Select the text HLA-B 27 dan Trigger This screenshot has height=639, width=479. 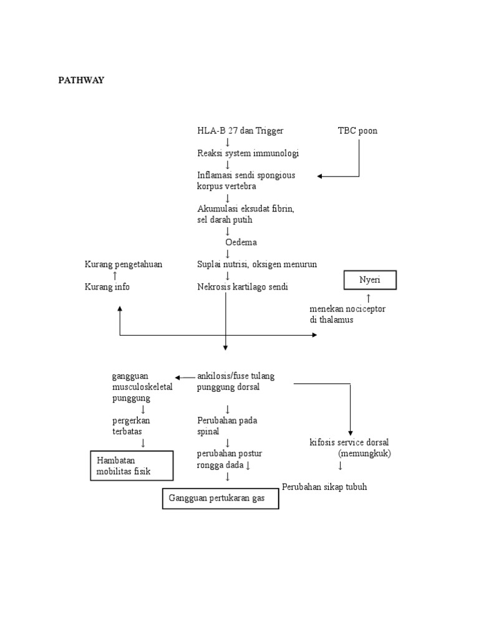[240, 130]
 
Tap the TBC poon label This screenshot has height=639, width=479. [357, 130]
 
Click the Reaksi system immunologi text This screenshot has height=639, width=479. [248, 153]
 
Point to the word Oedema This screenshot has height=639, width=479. [241, 242]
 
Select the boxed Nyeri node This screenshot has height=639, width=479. [370, 281]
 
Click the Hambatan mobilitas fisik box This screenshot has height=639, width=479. [132, 466]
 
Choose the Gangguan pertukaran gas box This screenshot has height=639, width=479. [221, 499]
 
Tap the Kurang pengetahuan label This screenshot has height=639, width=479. [123, 264]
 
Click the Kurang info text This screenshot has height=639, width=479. [107, 286]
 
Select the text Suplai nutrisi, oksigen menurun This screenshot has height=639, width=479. [257, 264]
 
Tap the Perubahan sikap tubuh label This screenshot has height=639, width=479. [324, 487]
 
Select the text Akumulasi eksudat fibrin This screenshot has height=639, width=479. [245, 209]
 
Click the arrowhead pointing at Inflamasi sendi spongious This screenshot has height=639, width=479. [320, 176]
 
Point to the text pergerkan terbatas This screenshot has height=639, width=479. [131, 426]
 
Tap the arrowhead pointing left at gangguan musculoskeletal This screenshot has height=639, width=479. [178, 377]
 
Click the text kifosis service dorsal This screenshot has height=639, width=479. [349, 442]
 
